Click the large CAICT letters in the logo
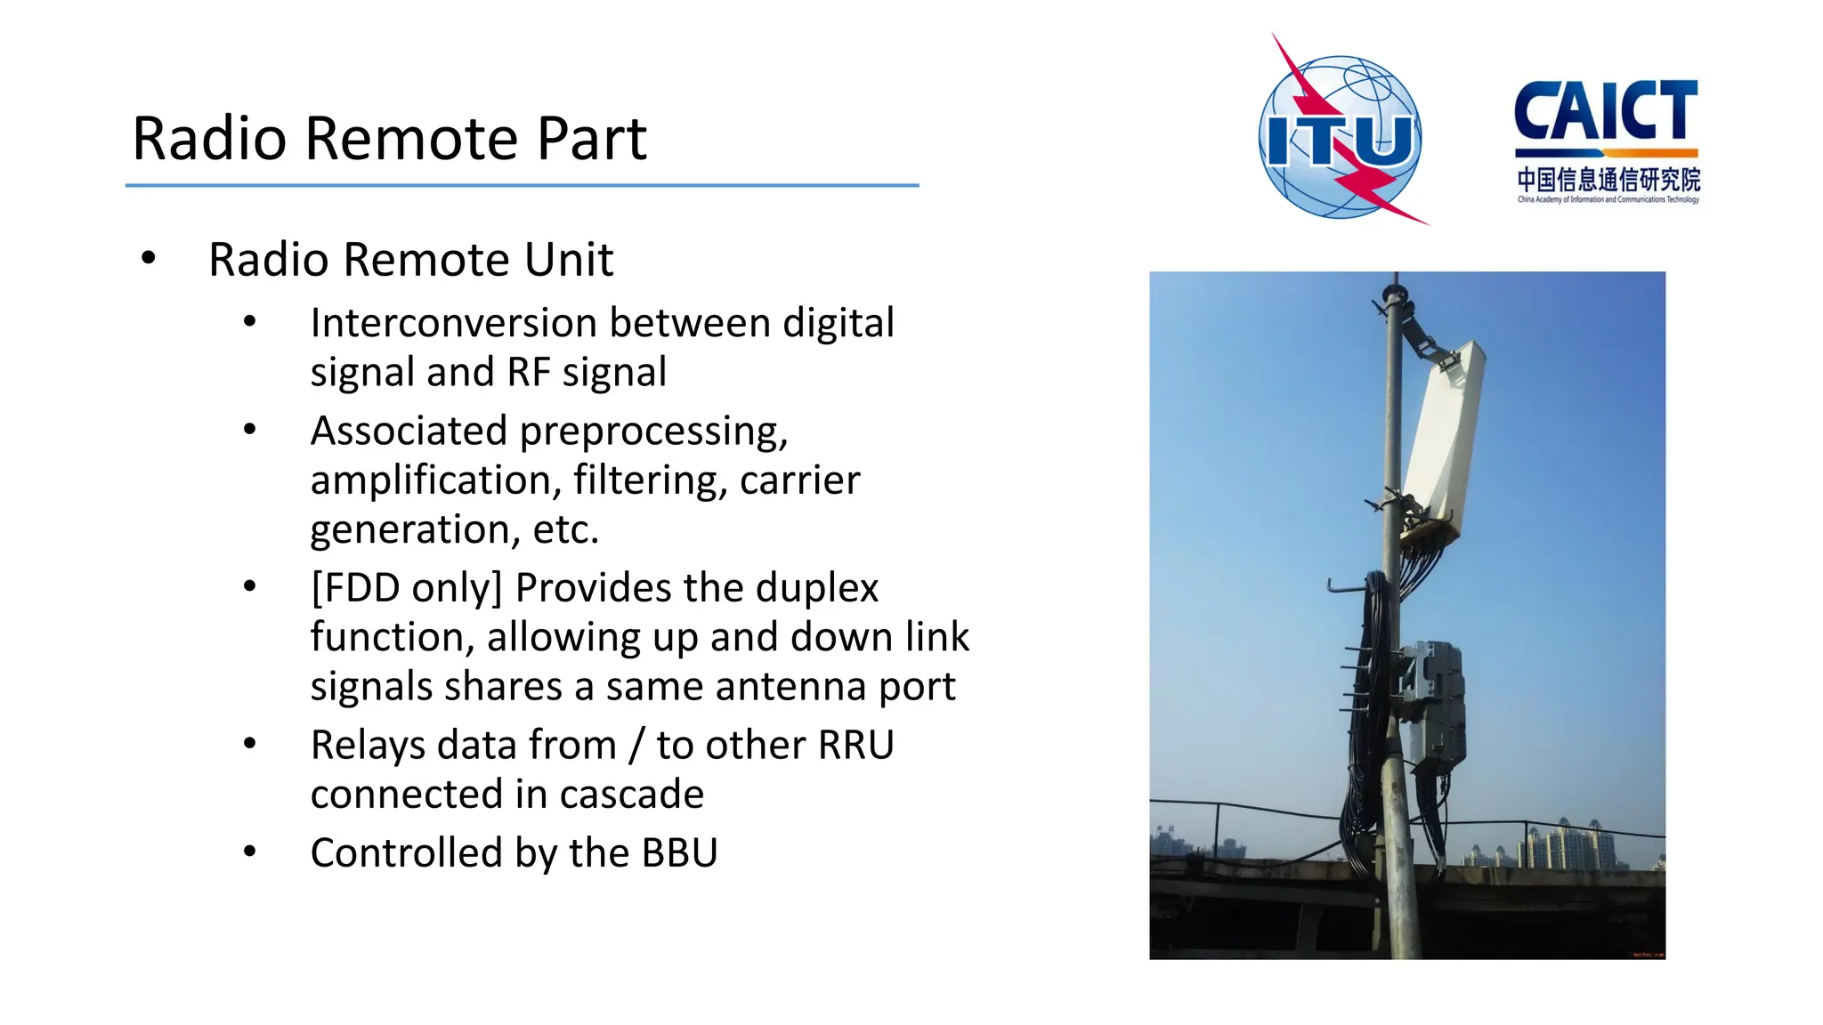tap(1606, 112)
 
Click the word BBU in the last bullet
tap(679, 853)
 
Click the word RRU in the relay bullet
tap(855, 746)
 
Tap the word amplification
tap(435, 480)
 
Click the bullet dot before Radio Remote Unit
tap(149, 259)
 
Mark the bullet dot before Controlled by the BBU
tap(250, 852)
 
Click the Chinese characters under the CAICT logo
tap(1608, 180)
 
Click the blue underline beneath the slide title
tap(522, 185)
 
